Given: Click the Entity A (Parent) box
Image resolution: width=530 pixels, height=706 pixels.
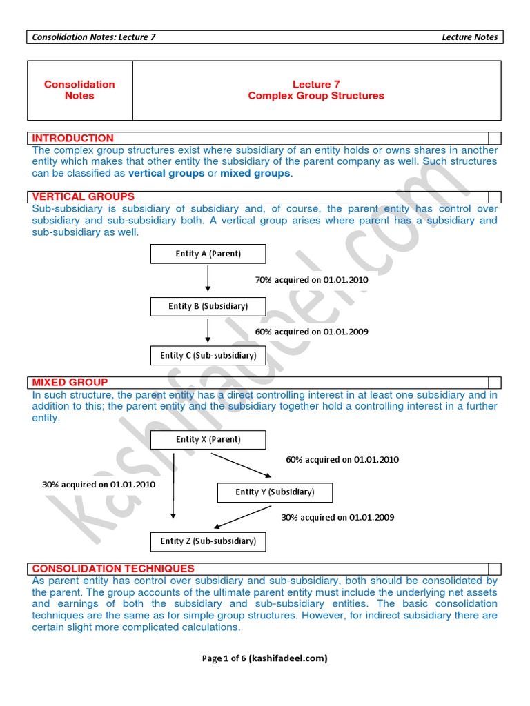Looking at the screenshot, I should [208, 254].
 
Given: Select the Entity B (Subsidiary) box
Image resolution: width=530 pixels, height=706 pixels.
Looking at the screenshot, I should [208, 306].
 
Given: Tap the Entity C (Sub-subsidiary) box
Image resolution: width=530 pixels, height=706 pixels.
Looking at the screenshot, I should [208, 356].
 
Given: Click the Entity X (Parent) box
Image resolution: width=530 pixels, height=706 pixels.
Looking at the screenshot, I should [208, 440].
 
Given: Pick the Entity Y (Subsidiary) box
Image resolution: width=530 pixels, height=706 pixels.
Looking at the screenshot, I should [275, 492].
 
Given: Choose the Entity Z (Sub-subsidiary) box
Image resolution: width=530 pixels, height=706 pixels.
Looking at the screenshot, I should [208, 541].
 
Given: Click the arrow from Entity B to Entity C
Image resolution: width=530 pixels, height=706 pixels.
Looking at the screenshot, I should [208, 331].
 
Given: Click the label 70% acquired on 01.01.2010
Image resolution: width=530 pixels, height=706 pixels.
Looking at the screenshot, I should [311, 280].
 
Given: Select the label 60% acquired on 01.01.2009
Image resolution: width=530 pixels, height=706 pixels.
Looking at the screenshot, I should [311, 332].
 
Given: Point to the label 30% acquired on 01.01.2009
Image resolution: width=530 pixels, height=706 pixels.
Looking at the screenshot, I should [337, 517].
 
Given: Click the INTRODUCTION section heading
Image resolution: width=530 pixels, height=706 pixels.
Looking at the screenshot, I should [72, 139].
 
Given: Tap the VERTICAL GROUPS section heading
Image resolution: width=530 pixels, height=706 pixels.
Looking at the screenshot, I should [83, 197].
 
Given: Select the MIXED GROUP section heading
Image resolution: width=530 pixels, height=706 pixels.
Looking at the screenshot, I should [70, 383].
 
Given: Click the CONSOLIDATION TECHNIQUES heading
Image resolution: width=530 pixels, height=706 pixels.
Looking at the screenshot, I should [113, 569].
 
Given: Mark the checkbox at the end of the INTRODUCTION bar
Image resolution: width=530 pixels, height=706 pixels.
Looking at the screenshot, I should [494, 139].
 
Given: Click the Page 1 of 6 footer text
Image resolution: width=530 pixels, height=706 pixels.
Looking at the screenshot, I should [264, 658].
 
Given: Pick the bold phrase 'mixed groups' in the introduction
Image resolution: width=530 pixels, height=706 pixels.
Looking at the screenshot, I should [255, 173].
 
